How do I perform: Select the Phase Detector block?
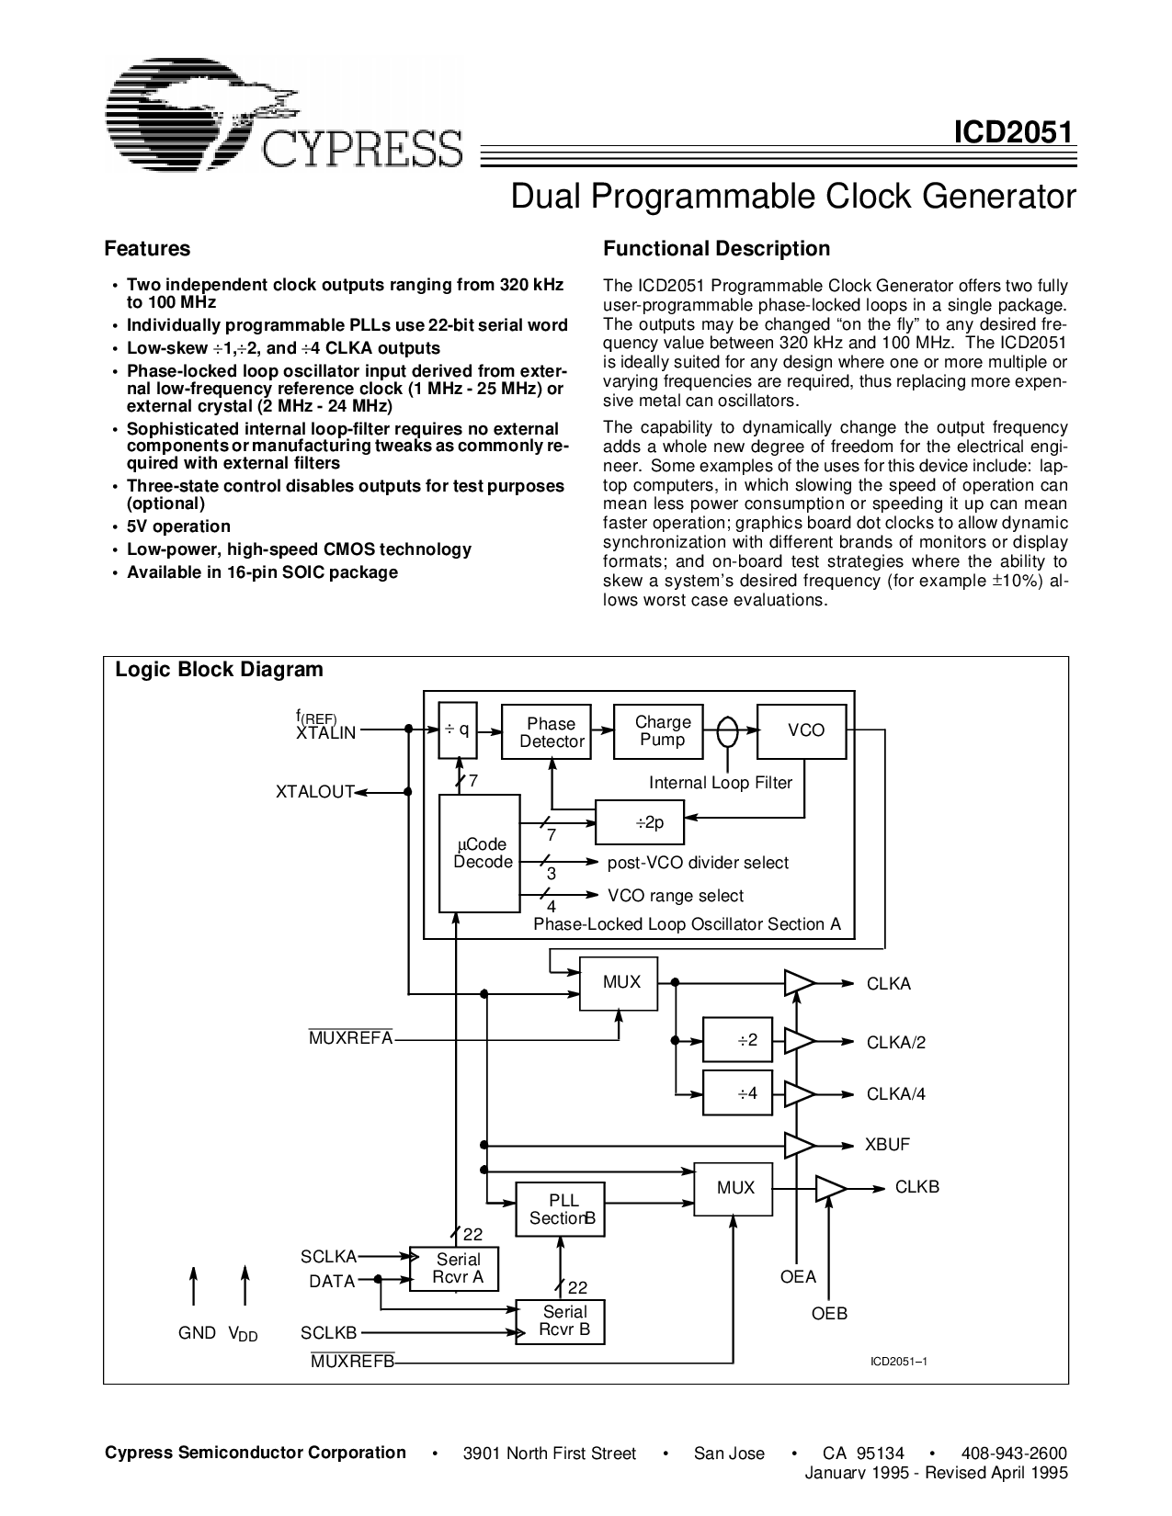coord(551,732)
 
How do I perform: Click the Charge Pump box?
coord(662,731)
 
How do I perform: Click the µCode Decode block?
coord(480,854)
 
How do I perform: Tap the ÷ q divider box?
coord(457,730)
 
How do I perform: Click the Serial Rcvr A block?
coord(454,1269)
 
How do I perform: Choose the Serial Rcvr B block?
coord(560,1321)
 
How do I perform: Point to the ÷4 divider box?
coord(737,1093)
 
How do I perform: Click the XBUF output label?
coord(887,1145)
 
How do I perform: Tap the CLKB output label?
coord(916,1187)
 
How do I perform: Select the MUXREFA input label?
coord(350,1038)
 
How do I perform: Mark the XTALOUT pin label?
coord(314,792)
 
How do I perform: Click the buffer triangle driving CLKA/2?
coord(798,1041)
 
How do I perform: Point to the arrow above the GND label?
coord(193,1284)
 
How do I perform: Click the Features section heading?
coord(147,249)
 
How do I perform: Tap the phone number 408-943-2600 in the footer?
coord(1013,1453)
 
